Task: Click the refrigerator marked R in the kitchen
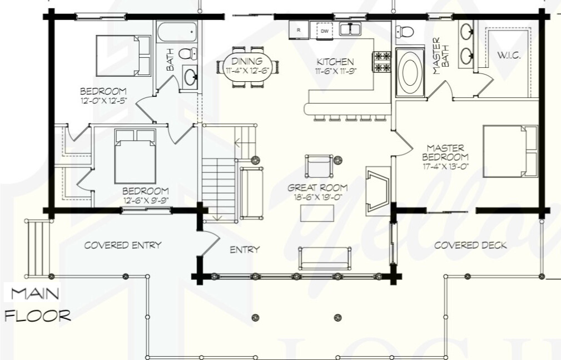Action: point(299,30)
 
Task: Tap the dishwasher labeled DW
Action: point(325,31)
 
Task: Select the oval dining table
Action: point(249,67)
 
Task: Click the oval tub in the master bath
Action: point(410,72)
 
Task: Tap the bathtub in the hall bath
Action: point(177,32)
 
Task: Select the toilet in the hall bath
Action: point(188,53)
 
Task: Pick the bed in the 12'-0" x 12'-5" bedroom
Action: point(123,56)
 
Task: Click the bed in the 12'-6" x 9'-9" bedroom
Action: point(135,156)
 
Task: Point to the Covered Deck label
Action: point(470,245)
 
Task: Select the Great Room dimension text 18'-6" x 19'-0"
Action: point(317,196)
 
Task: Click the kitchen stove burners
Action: point(383,62)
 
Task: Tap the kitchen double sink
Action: point(351,29)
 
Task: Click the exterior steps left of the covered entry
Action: point(37,247)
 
